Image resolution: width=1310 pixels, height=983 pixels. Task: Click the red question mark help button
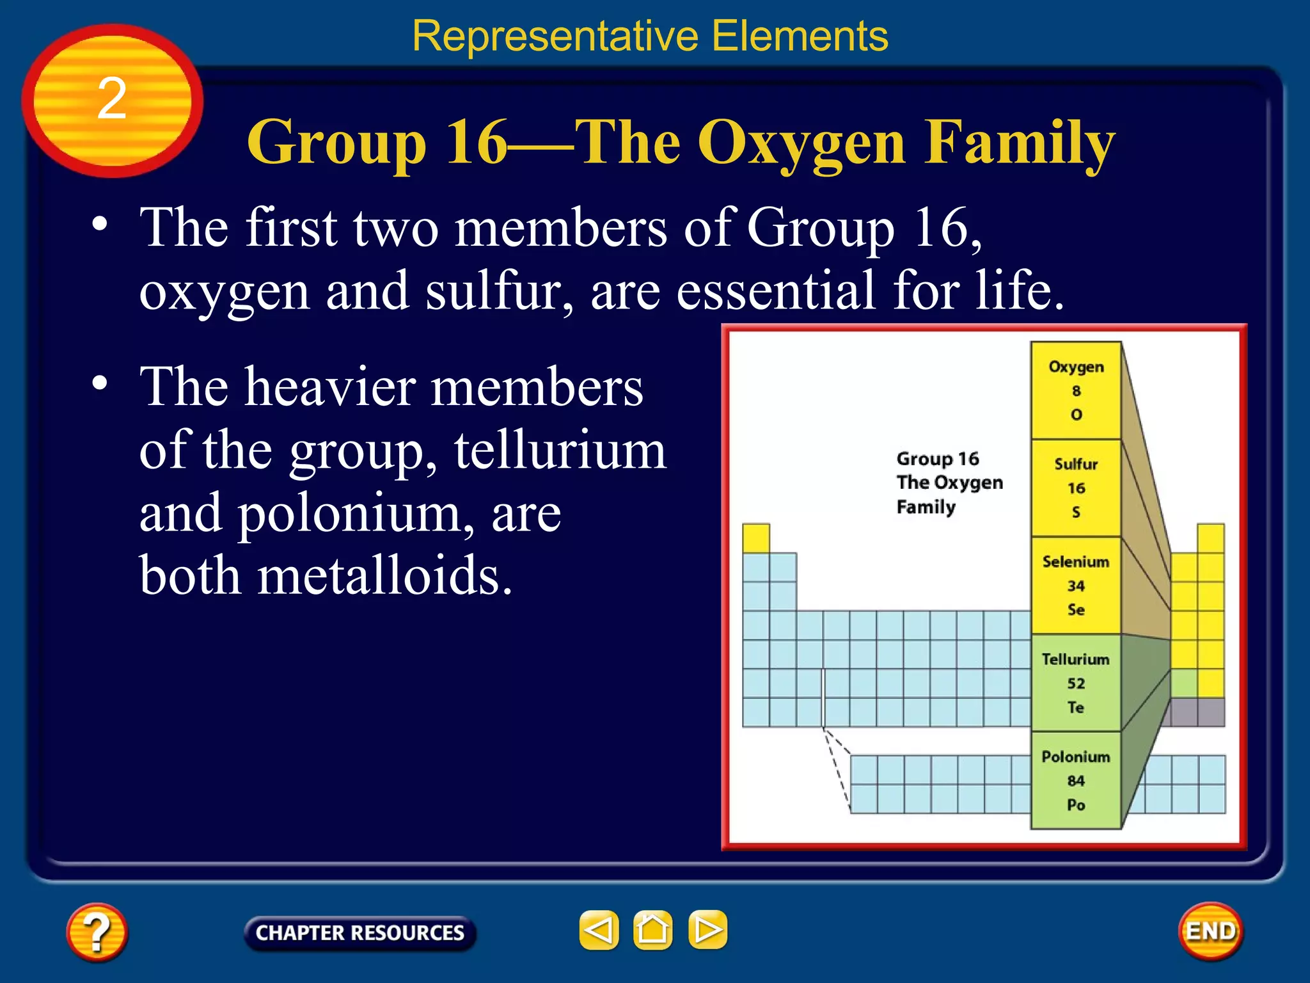click(x=97, y=932)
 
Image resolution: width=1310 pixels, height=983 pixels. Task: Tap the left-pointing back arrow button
click(x=599, y=930)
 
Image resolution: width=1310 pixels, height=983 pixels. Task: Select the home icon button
click(x=652, y=930)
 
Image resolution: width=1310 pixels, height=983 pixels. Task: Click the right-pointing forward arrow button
click(x=707, y=930)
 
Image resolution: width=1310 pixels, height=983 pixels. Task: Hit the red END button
click(x=1210, y=931)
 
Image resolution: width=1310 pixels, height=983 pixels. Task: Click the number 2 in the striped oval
click(x=112, y=99)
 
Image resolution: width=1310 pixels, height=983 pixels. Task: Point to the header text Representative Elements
click(x=650, y=36)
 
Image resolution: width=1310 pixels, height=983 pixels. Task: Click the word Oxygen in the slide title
click(x=801, y=143)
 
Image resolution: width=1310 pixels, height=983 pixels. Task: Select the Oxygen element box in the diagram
click(x=1076, y=390)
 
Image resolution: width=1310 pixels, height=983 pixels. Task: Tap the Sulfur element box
click(x=1076, y=488)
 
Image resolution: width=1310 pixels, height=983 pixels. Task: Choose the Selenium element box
click(x=1076, y=586)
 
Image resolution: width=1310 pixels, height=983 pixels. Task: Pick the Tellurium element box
click(x=1076, y=683)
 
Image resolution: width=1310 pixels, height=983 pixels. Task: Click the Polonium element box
click(x=1076, y=781)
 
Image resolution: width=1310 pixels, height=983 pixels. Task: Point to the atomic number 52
click(x=1076, y=683)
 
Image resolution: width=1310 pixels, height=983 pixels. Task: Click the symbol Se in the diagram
click(x=1076, y=610)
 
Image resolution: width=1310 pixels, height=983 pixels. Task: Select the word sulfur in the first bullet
click(x=499, y=291)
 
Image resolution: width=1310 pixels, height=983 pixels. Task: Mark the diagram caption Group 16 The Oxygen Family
click(x=949, y=483)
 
